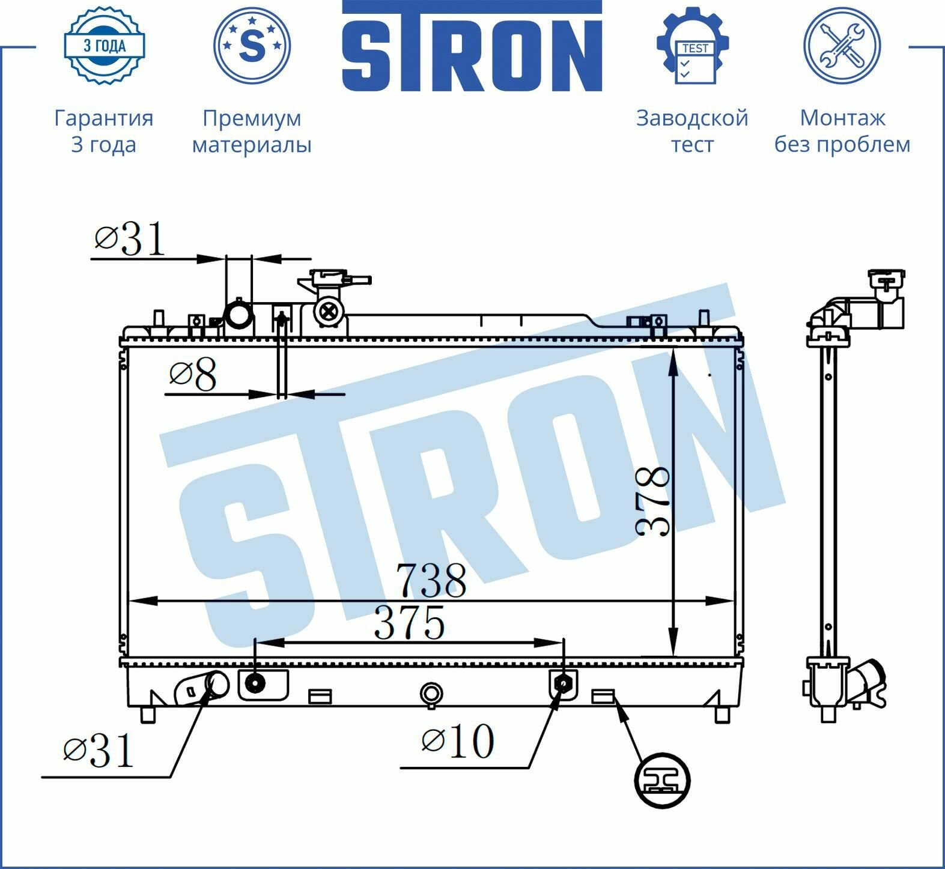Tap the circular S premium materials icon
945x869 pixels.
pos(252,46)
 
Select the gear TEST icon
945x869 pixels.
pos(693,46)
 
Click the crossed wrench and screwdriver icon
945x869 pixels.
pos(842,46)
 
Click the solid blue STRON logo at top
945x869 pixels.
pos(472,46)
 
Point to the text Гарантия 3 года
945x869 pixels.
pos(103,131)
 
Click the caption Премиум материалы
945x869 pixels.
pos(252,131)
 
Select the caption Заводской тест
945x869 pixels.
pos(692,131)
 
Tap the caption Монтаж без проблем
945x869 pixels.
pos(842,131)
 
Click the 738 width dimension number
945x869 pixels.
pos(431,581)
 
